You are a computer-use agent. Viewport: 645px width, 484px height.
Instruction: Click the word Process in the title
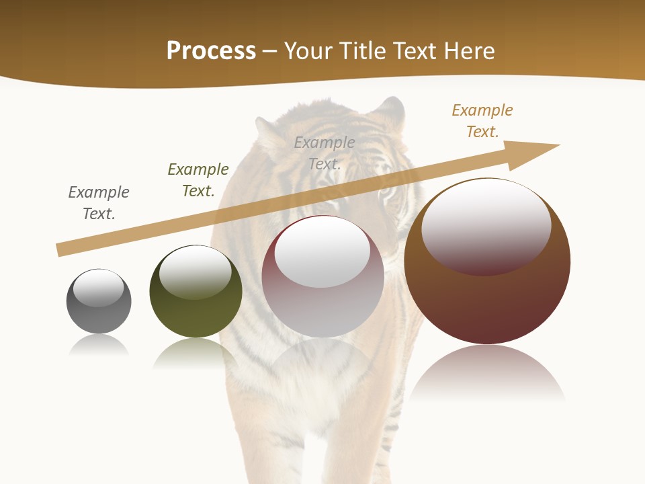[x=211, y=50]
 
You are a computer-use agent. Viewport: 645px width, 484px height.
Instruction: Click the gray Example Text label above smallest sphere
[x=99, y=202]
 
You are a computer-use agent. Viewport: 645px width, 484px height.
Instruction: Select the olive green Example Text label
[x=198, y=179]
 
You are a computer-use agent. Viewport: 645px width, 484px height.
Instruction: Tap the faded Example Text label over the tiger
[x=325, y=153]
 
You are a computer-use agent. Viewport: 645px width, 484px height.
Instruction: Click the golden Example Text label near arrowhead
[x=482, y=120]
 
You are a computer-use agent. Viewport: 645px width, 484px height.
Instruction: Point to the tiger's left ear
[x=269, y=131]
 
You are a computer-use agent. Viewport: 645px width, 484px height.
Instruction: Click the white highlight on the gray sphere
[x=98, y=287]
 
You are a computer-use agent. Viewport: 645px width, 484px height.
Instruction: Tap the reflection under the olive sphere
[x=196, y=353]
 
